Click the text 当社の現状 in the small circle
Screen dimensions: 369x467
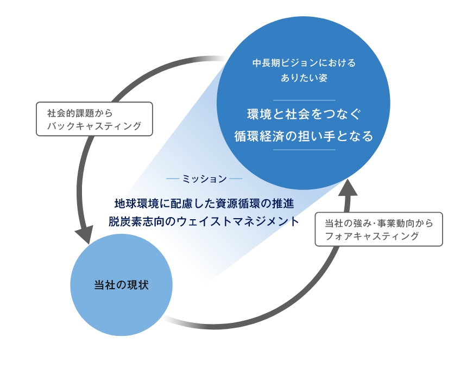[121, 285]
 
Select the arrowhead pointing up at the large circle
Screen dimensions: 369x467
[349, 188]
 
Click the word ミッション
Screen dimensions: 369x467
[205, 179]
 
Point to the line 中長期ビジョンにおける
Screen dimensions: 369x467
[304, 63]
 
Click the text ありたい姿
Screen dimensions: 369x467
[304, 78]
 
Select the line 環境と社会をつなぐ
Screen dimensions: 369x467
[304, 114]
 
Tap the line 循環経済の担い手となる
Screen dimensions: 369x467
[304, 136]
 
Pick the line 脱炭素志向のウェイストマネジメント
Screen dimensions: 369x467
[204, 221]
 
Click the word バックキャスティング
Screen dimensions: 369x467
[94, 126]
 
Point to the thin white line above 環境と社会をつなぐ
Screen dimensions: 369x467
[304, 100]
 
